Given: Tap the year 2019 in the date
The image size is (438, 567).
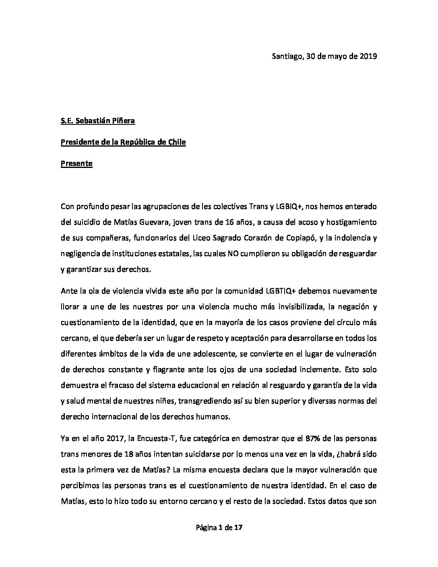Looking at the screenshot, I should (x=367, y=56).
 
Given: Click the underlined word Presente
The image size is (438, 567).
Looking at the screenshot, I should (x=76, y=163).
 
